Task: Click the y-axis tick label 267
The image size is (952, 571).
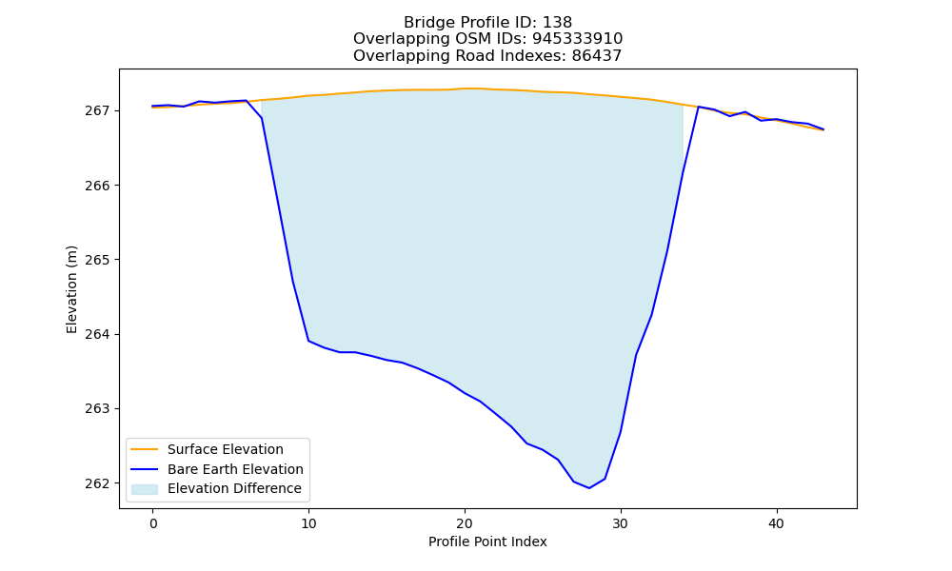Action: (x=97, y=111)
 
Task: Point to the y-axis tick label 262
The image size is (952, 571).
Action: (x=97, y=483)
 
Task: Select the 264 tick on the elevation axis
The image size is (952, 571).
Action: (x=97, y=334)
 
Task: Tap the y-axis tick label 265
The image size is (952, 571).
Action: (x=97, y=260)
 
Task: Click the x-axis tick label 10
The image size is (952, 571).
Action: (x=308, y=523)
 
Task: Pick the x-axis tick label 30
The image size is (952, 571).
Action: (x=621, y=523)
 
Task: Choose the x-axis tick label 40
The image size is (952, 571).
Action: (x=777, y=523)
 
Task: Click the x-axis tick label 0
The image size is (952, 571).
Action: (x=153, y=523)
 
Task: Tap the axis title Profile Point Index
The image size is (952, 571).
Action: (x=487, y=541)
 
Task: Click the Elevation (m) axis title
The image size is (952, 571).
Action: (x=71, y=289)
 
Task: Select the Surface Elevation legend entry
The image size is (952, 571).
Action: (x=226, y=449)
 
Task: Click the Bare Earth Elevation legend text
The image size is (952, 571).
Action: (x=235, y=469)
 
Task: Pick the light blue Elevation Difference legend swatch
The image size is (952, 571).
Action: (x=145, y=489)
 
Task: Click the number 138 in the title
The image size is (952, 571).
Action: (x=557, y=23)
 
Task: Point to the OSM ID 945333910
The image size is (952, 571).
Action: (x=578, y=39)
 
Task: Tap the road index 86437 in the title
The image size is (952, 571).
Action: (x=597, y=56)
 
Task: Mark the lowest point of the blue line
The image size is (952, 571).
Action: (x=589, y=488)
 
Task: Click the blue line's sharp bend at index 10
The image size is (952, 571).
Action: (x=308, y=341)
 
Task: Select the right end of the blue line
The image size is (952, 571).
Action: (x=823, y=129)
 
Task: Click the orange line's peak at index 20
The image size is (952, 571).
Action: (x=466, y=89)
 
